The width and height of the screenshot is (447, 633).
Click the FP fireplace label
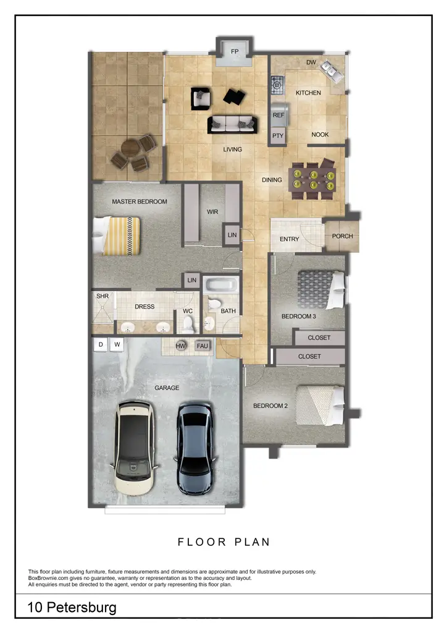pos(235,52)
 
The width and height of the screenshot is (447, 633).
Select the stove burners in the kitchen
pos(277,82)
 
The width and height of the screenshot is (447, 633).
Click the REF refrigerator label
pos(278,115)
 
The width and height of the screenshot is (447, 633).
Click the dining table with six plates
pos(314,179)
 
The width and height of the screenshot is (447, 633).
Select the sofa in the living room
pos(232,124)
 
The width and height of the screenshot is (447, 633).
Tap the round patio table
pos(132,150)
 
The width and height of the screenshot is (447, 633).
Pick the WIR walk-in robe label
pos(212,211)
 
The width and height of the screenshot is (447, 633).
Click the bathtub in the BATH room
pos(220,286)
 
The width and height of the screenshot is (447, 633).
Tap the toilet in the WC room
pos(188,323)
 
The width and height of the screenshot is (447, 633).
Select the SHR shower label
pos(102,297)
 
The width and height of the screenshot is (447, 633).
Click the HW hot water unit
pos(181,346)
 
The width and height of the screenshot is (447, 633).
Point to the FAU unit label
pos(203,346)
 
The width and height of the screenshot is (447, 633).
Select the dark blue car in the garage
pos(196,448)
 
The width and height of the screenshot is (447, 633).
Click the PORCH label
pos(343,236)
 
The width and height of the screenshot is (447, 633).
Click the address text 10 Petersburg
pos(72,608)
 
